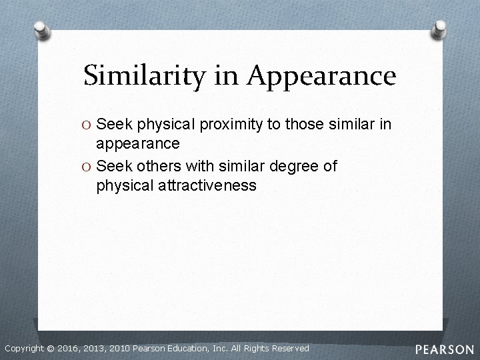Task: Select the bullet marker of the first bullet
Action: (89, 124)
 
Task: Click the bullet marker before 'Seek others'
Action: (89, 166)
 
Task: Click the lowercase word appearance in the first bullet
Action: (138, 144)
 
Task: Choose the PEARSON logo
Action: (444, 349)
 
